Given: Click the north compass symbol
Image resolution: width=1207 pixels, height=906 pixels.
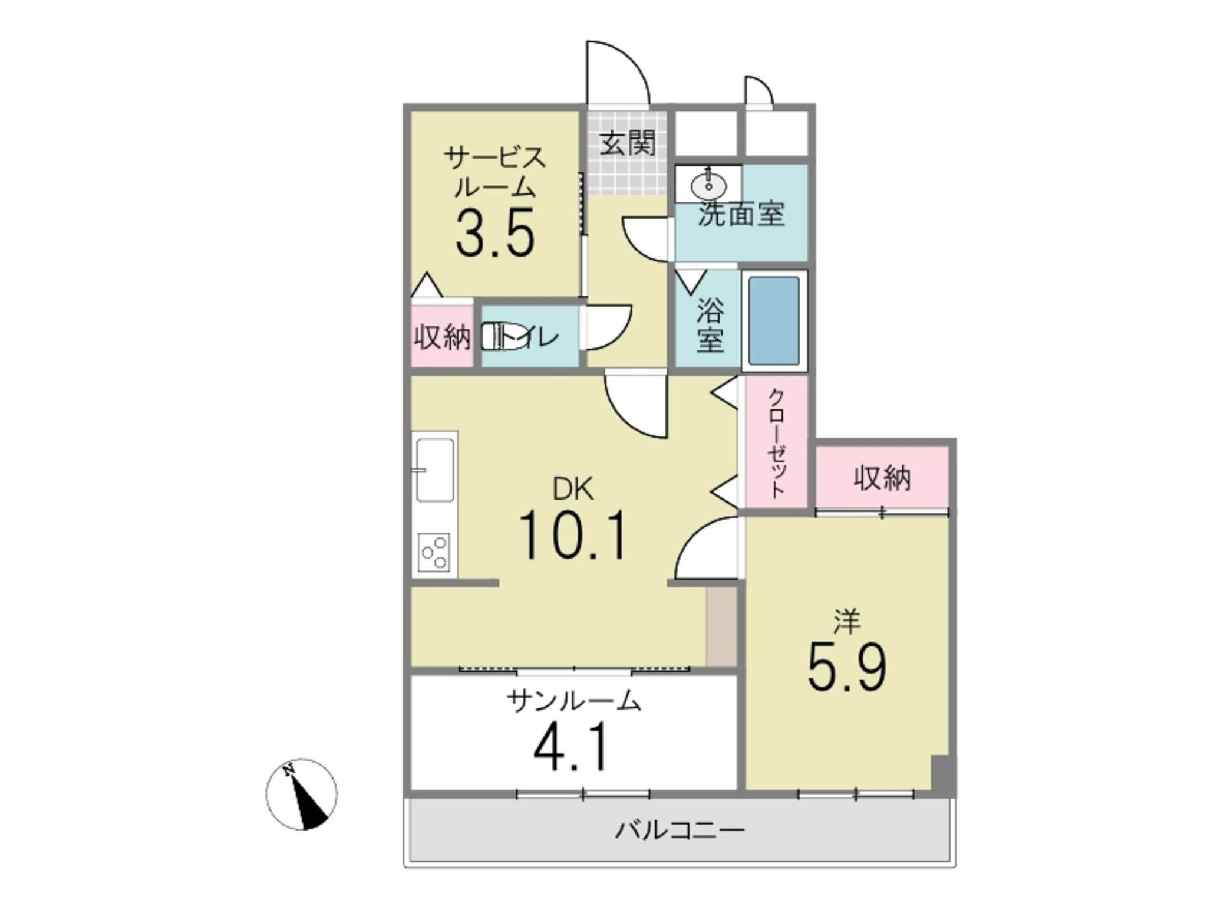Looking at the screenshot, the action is pyautogui.click(x=301, y=794).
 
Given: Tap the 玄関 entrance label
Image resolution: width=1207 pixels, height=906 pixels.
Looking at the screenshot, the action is pyautogui.click(x=628, y=143).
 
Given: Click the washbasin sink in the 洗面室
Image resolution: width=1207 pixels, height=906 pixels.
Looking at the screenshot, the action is pyautogui.click(x=708, y=183).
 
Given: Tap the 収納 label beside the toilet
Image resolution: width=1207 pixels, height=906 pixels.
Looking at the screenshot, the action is pyautogui.click(x=442, y=337).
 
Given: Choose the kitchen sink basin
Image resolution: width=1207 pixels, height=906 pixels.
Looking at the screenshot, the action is pyautogui.click(x=436, y=470).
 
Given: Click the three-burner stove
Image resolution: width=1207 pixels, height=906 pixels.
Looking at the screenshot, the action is pyautogui.click(x=434, y=552).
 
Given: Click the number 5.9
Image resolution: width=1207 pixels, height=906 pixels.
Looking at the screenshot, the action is pyautogui.click(x=847, y=666).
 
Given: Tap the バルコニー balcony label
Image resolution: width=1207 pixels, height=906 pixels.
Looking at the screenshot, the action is pyautogui.click(x=680, y=830).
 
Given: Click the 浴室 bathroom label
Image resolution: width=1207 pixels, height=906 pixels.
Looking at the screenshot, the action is pyautogui.click(x=710, y=326).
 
